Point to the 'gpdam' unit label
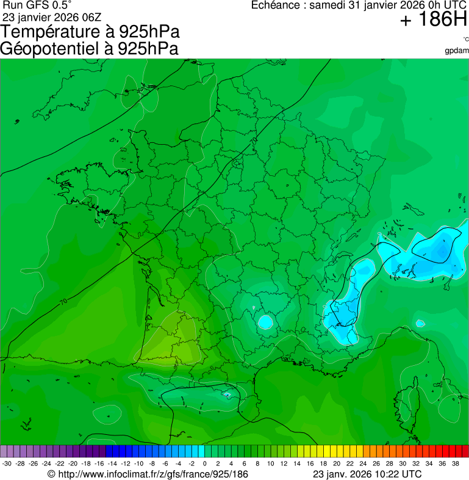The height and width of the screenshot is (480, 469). (x=457, y=50)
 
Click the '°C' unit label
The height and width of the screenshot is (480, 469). (x=465, y=39)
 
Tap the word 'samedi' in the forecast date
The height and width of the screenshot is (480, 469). (x=328, y=5)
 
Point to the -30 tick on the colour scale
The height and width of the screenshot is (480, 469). (x=7, y=464)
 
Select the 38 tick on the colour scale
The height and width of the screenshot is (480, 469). (x=455, y=464)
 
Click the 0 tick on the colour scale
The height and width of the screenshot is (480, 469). (x=204, y=464)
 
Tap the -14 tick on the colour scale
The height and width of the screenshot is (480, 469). (x=112, y=464)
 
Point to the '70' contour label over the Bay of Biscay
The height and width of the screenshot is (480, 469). (x=63, y=302)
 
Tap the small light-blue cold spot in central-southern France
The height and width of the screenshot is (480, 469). (x=265, y=321)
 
